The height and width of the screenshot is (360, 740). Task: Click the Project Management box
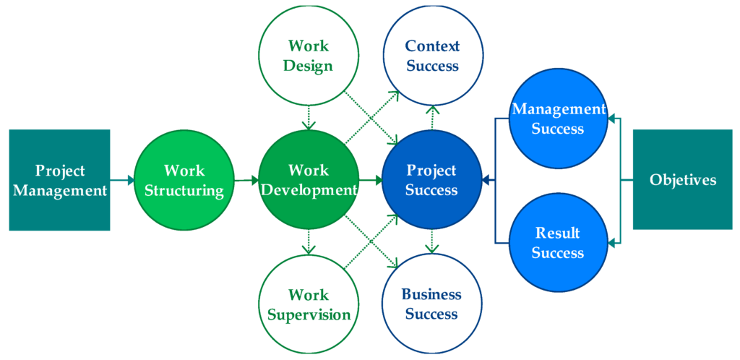click(x=59, y=180)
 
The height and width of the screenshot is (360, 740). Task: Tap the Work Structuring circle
click(x=184, y=180)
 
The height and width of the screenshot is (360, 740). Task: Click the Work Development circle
click(x=309, y=180)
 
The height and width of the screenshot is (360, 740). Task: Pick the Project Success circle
click(x=432, y=180)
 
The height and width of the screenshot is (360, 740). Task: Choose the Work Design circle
click(x=309, y=55)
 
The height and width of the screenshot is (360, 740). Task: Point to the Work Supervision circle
click(x=309, y=304)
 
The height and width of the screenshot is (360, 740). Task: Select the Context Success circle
click(x=433, y=55)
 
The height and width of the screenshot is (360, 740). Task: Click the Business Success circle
click(x=432, y=304)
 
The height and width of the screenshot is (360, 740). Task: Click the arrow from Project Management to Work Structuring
click(x=122, y=180)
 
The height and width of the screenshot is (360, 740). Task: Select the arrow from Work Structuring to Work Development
click(x=246, y=180)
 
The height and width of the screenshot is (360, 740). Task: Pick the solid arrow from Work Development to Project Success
click(x=371, y=180)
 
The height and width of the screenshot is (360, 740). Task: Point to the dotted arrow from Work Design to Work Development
click(x=309, y=118)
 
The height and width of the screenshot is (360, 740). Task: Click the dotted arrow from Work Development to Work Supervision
click(x=309, y=242)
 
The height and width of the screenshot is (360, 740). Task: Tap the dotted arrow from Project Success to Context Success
click(x=432, y=118)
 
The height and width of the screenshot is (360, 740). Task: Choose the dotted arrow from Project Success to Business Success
click(x=432, y=242)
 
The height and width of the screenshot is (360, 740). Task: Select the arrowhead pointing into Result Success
click(x=611, y=244)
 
